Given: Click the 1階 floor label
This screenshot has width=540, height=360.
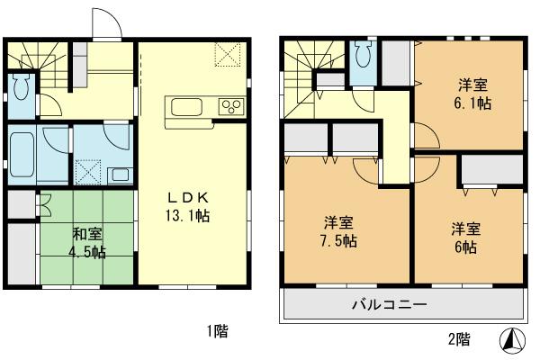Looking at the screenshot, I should (217, 332).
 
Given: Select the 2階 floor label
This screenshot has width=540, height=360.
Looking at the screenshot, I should (458, 339).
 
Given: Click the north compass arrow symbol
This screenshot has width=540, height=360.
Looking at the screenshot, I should (510, 340).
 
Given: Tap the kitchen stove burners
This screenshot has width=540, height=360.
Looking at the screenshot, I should (231, 107).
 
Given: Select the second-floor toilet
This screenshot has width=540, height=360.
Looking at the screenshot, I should (363, 57).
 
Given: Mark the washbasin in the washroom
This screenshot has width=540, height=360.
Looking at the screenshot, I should (117, 174).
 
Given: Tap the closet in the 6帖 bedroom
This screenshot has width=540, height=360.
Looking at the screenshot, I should (492, 170).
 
